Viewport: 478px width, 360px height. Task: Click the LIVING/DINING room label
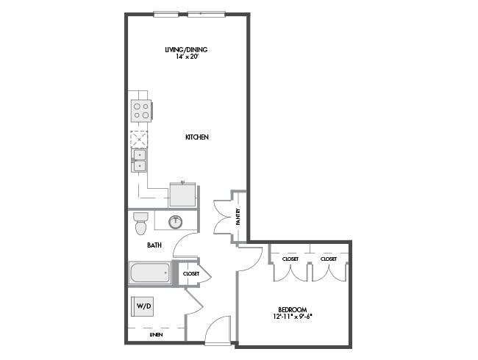(186, 50)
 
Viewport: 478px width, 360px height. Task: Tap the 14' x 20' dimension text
(188, 57)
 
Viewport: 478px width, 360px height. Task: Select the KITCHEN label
(197, 137)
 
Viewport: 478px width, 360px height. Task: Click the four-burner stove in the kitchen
(141, 111)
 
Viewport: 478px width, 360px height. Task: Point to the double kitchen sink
(139, 160)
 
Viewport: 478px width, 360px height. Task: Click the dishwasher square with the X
(139, 140)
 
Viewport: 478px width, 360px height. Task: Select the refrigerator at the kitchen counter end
(182, 194)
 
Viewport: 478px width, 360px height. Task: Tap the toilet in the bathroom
(141, 223)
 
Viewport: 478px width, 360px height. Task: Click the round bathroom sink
(175, 222)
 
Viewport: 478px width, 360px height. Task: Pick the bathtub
(150, 273)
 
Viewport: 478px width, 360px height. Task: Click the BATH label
(154, 245)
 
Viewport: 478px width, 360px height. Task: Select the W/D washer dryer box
(143, 306)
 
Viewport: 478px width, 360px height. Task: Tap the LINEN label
(156, 335)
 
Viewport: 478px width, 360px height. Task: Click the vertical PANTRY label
(238, 217)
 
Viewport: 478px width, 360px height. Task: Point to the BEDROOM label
(293, 310)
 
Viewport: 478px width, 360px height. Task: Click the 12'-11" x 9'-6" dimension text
(293, 317)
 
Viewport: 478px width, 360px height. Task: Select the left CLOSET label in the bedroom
(290, 259)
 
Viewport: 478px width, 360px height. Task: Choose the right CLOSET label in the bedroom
(329, 259)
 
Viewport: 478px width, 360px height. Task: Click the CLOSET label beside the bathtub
(191, 274)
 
